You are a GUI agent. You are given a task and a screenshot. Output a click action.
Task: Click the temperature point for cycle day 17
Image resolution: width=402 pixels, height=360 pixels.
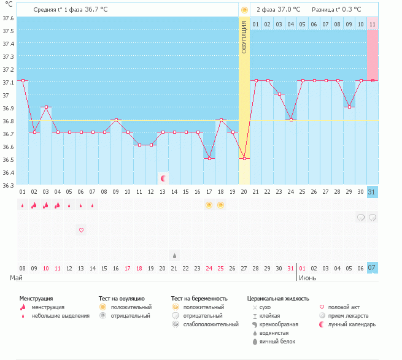(209, 159)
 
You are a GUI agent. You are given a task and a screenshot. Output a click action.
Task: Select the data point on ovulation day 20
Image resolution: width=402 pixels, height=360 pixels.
(244, 159)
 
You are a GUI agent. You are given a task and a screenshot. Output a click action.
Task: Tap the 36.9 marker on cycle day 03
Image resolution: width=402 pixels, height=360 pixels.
(46, 107)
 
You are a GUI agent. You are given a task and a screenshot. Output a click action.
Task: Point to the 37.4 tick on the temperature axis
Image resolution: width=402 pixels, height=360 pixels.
(8, 44)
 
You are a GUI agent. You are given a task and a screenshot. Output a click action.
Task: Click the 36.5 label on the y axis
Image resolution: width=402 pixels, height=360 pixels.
(8, 159)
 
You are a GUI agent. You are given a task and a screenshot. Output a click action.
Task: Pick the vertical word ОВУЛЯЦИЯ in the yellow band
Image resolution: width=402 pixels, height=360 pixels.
(244, 37)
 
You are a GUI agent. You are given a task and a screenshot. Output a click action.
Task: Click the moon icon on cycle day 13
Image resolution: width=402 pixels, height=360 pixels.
(163, 178)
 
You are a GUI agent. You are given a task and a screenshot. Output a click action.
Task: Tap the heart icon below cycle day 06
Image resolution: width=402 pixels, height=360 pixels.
(81, 230)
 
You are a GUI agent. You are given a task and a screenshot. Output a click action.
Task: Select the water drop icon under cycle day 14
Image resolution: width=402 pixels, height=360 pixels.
(174, 256)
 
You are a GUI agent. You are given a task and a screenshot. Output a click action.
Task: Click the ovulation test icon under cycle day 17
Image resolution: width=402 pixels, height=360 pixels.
(209, 205)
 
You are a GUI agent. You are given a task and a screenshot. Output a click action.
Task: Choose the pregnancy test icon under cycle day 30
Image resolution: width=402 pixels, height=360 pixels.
(361, 218)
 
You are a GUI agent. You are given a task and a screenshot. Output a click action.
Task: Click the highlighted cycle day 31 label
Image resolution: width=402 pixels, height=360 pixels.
(373, 192)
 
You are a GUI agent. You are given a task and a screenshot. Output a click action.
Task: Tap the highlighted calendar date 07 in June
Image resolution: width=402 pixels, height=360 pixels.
(373, 268)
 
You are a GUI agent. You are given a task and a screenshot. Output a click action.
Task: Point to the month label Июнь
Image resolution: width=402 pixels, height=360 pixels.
(307, 278)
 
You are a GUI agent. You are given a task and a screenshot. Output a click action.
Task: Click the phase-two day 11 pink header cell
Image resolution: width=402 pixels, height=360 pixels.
(373, 24)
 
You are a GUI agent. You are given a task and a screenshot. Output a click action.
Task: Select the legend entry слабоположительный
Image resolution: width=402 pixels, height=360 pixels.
(211, 324)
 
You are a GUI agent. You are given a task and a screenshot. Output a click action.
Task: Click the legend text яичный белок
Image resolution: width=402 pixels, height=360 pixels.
(277, 342)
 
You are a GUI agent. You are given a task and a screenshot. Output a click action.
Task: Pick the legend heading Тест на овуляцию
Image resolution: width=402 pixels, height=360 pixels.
(122, 299)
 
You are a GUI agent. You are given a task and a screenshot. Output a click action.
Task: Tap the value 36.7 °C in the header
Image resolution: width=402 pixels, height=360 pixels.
(96, 9)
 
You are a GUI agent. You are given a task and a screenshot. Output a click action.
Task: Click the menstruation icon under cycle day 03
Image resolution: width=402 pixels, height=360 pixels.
(45, 205)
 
